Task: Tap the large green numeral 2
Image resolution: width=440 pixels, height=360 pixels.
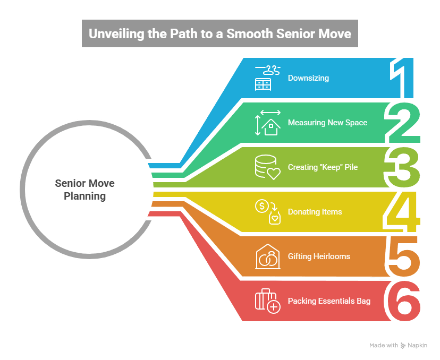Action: pos(403,123)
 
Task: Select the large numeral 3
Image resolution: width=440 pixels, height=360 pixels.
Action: pos(403,168)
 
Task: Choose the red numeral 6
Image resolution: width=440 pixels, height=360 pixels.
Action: pos(403,301)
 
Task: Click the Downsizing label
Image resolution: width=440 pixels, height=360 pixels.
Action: pos(308,78)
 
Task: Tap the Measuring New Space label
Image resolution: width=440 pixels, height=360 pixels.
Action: pos(327,123)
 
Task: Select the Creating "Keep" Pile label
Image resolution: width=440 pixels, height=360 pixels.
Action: pos(323,167)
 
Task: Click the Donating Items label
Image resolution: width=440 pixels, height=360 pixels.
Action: pos(315,212)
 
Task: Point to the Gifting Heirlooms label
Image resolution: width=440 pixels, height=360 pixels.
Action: pos(319,256)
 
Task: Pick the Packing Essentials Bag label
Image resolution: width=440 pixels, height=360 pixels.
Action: pos(329,301)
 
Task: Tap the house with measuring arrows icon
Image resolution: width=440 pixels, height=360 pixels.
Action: pos(268,123)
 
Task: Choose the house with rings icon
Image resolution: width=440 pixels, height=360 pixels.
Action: pos(268,256)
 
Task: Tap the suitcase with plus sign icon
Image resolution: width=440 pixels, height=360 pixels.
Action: pos(267,301)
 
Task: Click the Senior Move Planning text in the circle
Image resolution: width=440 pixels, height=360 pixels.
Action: pos(84,190)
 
